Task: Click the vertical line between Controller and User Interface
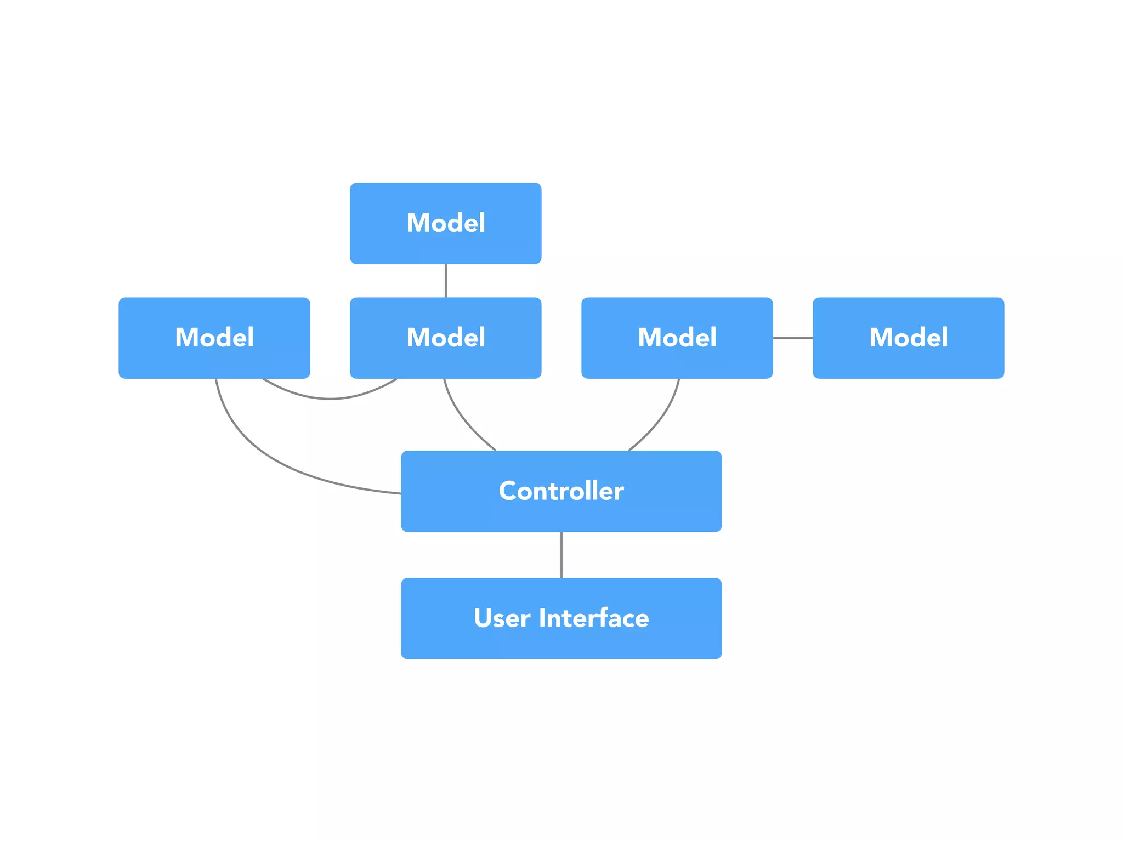(561, 555)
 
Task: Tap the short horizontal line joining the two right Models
(792, 338)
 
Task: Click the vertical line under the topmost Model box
(445, 281)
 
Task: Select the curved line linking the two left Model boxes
(330, 399)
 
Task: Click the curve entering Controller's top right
(661, 420)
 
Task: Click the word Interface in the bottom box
(593, 618)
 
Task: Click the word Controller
(561, 491)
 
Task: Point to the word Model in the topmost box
(445, 223)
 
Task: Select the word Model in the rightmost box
(908, 338)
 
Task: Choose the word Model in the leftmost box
(214, 338)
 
